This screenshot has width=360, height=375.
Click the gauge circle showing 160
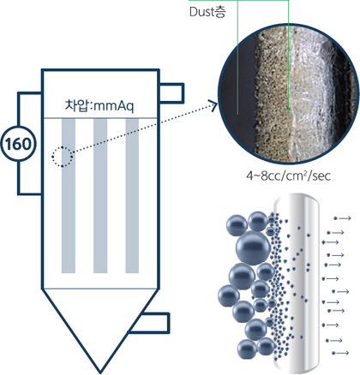(x=19, y=144)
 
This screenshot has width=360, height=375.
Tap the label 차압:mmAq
(x=99, y=105)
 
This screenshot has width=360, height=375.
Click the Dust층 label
(x=207, y=12)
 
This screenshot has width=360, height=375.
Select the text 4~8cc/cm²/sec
(x=288, y=176)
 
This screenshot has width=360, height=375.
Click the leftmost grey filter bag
(x=69, y=196)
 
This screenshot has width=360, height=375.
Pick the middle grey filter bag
(x=100, y=196)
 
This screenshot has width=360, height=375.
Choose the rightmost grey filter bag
(x=132, y=196)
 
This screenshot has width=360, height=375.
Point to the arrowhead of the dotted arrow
(x=213, y=105)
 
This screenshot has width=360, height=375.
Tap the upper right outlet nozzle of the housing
(x=172, y=92)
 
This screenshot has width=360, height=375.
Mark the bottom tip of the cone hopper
(x=100, y=372)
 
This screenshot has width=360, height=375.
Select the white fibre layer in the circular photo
(x=310, y=94)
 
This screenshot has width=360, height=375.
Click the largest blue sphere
(x=253, y=248)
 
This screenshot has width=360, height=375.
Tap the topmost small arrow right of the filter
(x=342, y=218)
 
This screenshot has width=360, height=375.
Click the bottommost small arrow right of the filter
(x=340, y=353)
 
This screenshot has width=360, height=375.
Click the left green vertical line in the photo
(x=237, y=57)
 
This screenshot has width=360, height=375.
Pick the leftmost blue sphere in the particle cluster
(x=229, y=295)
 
